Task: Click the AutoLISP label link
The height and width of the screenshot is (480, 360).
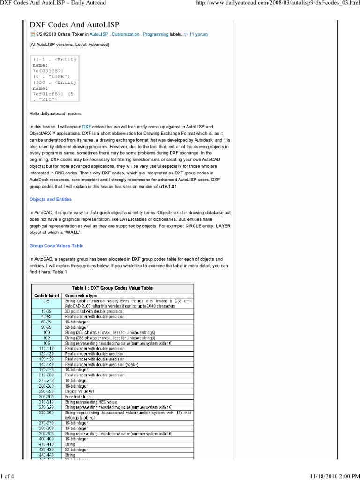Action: click(x=99, y=34)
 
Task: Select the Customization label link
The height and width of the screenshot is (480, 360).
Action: click(x=126, y=34)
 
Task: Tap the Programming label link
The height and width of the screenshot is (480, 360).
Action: click(x=157, y=34)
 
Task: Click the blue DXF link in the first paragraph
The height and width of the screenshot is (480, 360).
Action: click(x=87, y=127)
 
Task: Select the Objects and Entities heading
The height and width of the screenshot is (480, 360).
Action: click(x=51, y=199)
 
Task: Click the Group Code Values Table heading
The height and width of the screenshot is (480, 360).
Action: click(x=56, y=246)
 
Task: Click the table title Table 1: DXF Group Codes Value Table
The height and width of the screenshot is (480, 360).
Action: click(x=112, y=288)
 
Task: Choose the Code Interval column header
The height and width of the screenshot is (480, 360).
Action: click(x=46, y=296)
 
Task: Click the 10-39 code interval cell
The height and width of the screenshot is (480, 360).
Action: click(x=46, y=311)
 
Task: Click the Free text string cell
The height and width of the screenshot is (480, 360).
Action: click(x=78, y=397)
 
